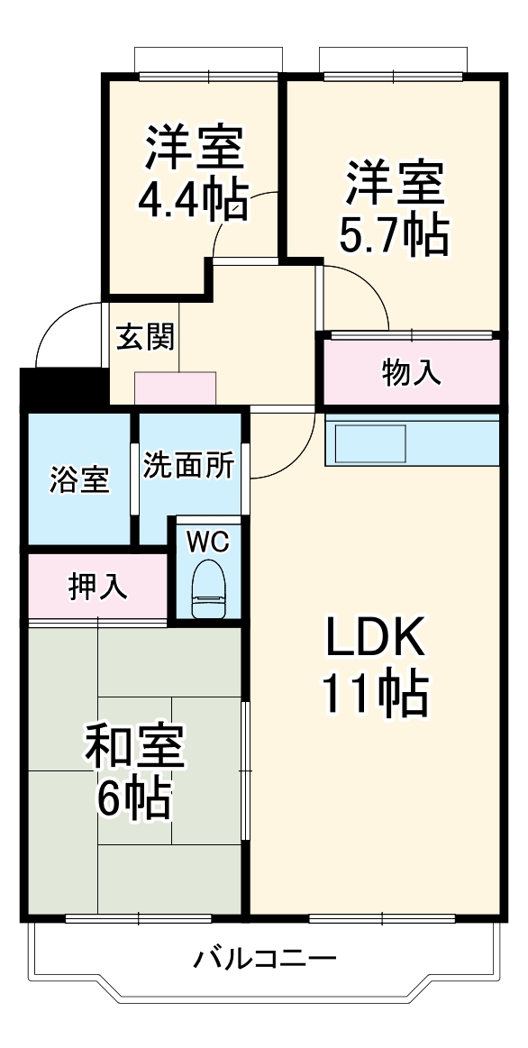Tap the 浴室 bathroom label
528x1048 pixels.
click(79, 479)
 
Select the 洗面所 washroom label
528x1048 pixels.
click(189, 466)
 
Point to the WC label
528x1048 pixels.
click(208, 542)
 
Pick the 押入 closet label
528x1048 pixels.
click(97, 587)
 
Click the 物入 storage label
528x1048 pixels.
click(412, 371)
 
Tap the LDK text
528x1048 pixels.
click(374, 641)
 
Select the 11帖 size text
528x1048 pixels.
click(374, 693)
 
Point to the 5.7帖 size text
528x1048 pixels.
click(393, 232)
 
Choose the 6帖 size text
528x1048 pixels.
click(134, 797)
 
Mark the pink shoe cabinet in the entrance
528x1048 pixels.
click(175, 388)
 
